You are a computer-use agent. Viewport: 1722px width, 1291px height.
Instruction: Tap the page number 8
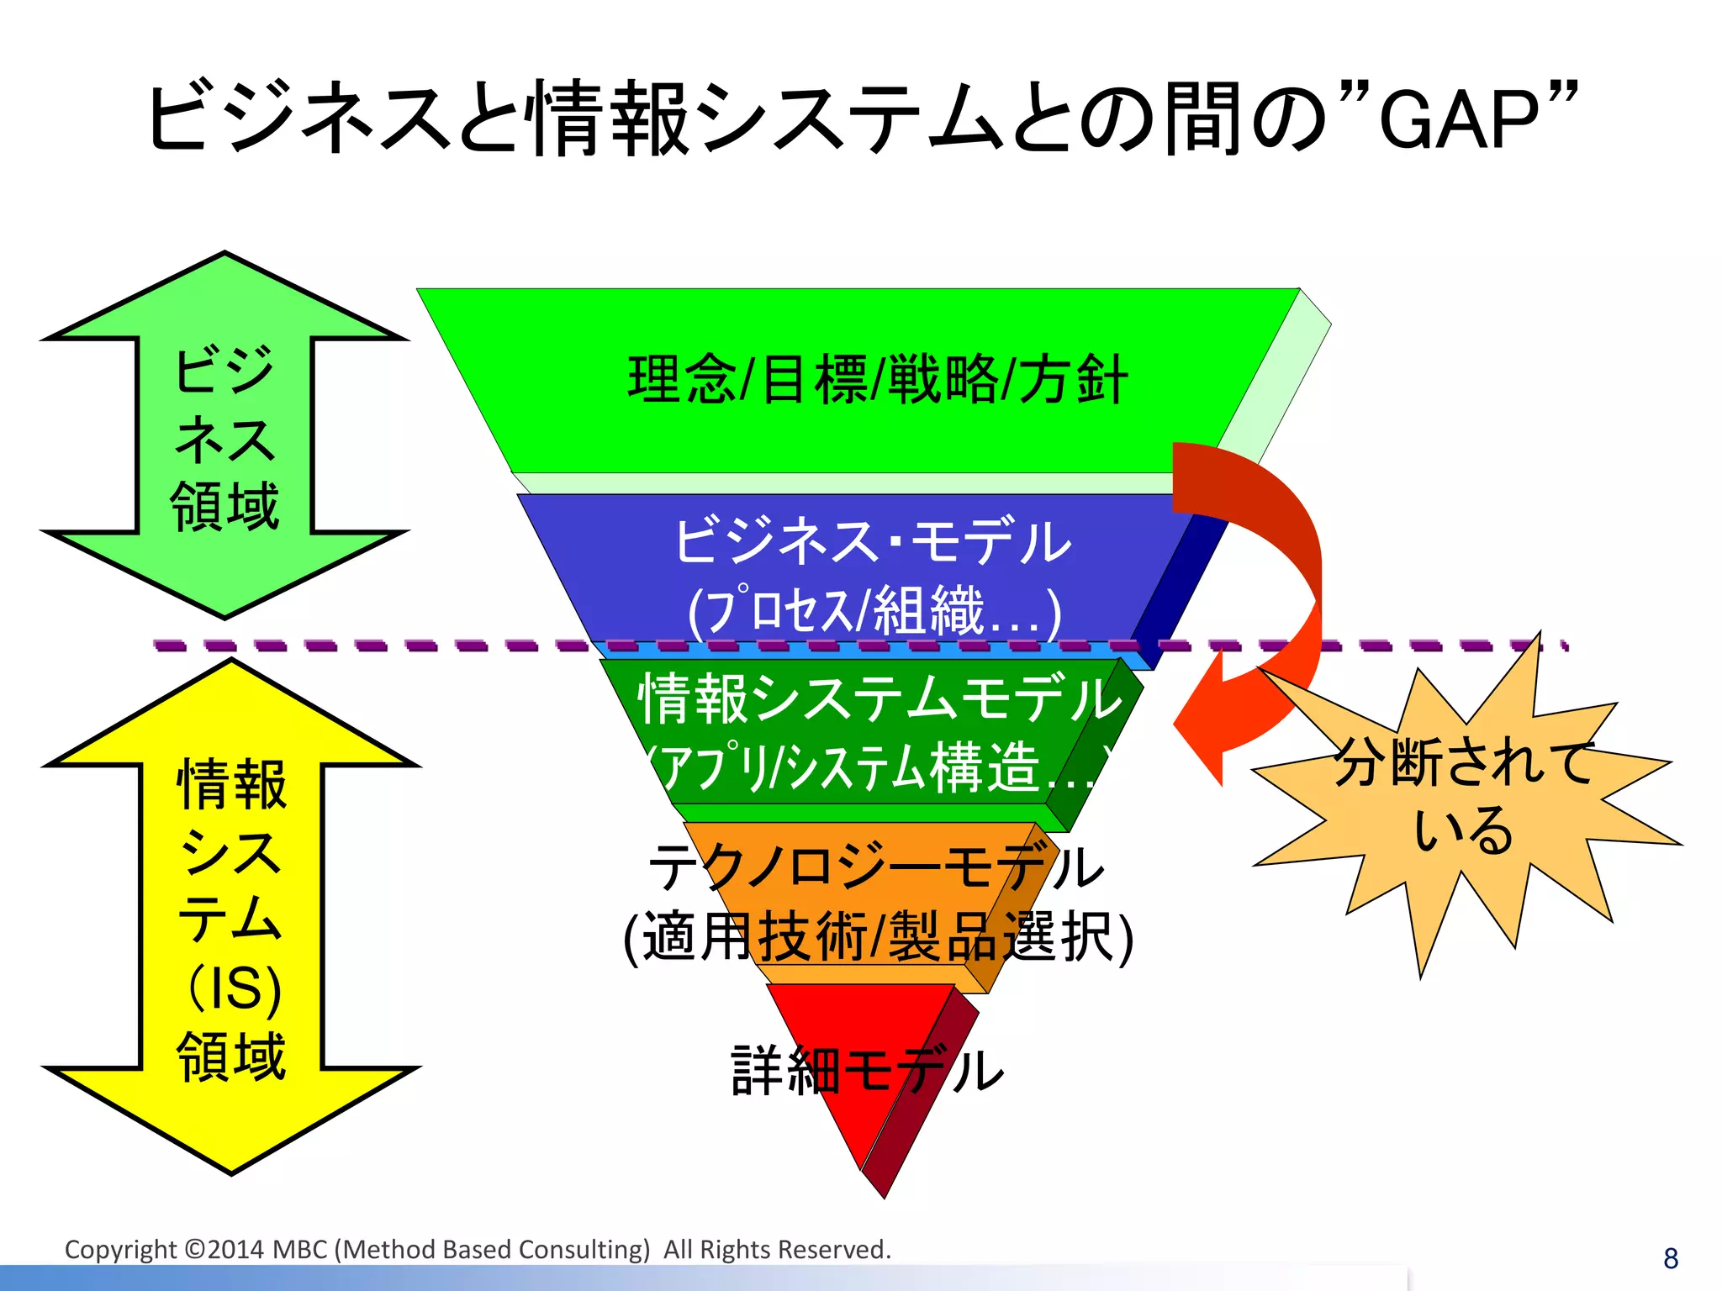(1670, 1258)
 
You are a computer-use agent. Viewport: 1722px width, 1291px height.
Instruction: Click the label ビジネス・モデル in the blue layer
(873, 542)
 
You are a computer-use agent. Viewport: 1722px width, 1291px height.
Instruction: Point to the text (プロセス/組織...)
(874, 610)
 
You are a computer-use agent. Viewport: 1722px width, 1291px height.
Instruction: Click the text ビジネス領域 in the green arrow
(224, 437)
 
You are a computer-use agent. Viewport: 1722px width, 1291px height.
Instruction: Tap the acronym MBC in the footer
(300, 1250)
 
